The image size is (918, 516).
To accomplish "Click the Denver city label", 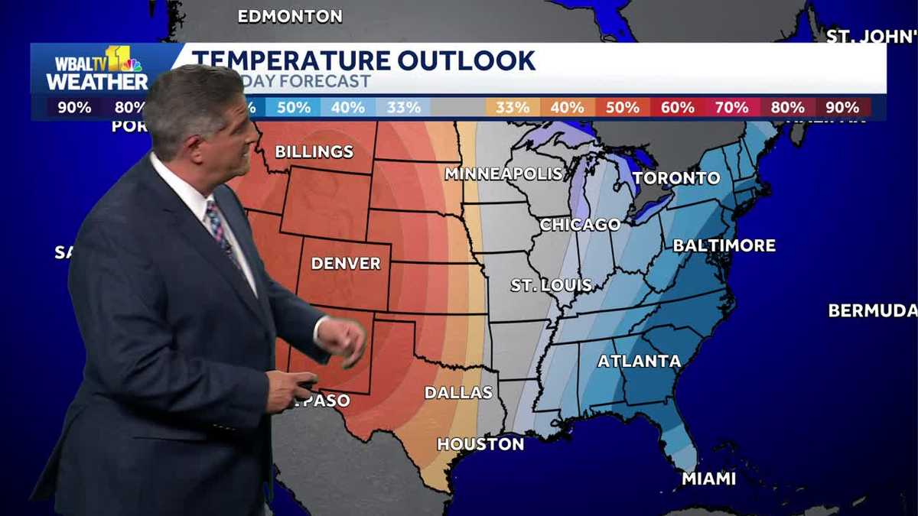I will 346,264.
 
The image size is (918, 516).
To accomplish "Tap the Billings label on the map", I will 314,151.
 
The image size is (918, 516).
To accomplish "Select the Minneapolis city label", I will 504,174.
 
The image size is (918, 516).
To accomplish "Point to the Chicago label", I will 580,225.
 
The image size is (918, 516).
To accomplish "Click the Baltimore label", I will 724,245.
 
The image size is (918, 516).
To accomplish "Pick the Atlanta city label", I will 639,361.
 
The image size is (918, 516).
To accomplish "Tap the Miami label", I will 708,479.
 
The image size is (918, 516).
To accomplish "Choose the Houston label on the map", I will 480,444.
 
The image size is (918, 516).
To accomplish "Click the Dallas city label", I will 458,393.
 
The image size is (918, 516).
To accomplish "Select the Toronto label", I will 676,178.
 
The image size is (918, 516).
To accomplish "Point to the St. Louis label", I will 552,285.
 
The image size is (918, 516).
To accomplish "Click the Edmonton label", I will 290,16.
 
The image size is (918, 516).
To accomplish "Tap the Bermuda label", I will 872,310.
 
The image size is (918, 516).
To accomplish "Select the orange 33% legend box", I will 513,108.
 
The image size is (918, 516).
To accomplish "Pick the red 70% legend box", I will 732,108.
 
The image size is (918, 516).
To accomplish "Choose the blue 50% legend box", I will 293,108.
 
